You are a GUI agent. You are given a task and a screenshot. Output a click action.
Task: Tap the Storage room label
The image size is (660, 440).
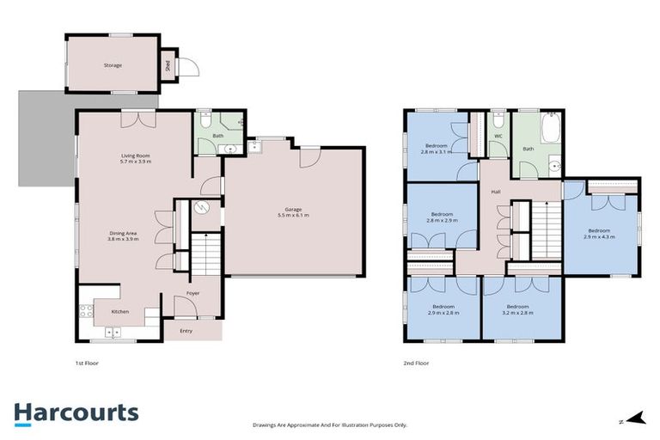pyautogui.click(x=113, y=65)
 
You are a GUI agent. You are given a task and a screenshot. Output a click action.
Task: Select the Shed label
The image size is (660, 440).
pyautogui.click(x=167, y=64)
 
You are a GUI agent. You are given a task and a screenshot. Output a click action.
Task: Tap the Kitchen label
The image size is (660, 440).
pyautogui.click(x=119, y=311)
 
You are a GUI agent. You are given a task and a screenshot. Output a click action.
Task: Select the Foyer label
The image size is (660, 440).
pyautogui.click(x=193, y=293)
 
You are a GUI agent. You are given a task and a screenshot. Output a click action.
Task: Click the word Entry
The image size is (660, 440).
pyautogui.click(x=186, y=330)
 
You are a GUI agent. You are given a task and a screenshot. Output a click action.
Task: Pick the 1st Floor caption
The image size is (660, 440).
pyautogui.click(x=87, y=364)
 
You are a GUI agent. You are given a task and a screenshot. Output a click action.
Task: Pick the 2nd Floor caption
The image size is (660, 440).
pyautogui.click(x=416, y=364)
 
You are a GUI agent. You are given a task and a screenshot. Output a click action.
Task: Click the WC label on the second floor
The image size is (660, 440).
pyautogui.click(x=498, y=136)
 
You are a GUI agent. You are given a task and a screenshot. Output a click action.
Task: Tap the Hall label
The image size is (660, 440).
pyautogui.click(x=496, y=192)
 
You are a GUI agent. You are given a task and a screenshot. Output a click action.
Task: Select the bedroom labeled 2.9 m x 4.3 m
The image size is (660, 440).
pyautogui.click(x=598, y=234)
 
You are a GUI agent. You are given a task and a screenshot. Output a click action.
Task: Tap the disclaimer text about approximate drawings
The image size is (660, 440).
pyautogui.click(x=329, y=425)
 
